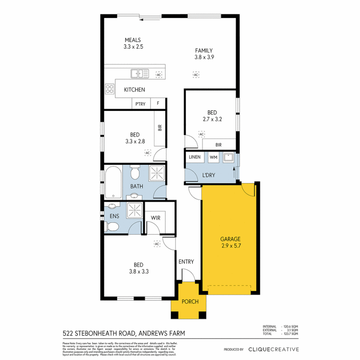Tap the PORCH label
pos(190,302)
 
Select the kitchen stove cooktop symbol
pos(109,89)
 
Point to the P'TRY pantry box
pos(140,104)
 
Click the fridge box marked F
pos(158,104)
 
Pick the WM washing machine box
pos(213,157)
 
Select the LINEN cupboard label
pos(194,157)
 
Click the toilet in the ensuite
pos(112,227)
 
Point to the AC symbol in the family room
pos(196,75)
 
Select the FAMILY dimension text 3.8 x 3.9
pos(204,57)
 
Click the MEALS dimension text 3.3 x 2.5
pos(133,47)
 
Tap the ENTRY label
pos(186,262)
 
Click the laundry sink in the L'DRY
pos(229,157)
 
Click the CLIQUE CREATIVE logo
pos(273,349)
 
